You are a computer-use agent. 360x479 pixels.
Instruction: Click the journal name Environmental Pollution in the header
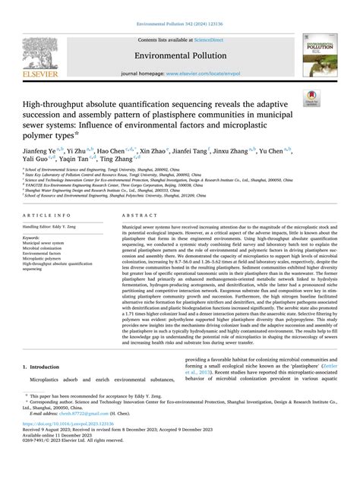coord(179,55)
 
